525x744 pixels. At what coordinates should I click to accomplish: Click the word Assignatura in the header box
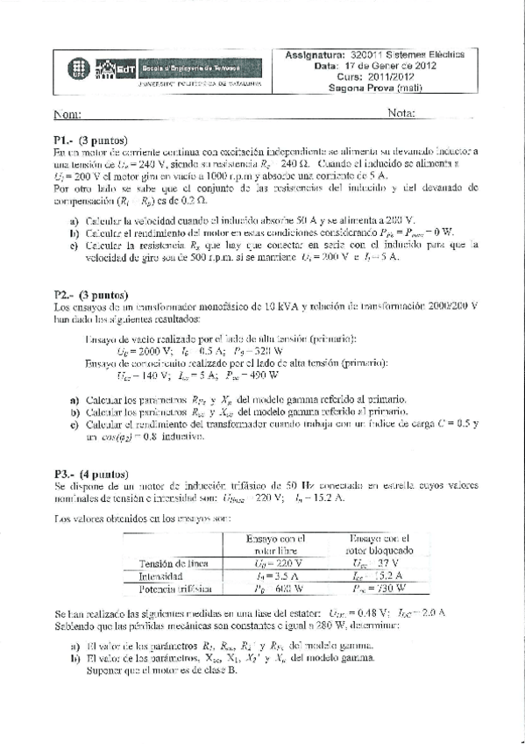click(x=314, y=54)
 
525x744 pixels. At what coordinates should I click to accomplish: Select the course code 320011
click(x=365, y=54)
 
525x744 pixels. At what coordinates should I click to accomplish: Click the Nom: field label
click(x=67, y=115)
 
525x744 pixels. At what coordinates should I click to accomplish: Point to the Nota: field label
click(x=400, y=114)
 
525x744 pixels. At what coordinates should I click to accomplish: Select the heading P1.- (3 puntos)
click(x=90, y=140)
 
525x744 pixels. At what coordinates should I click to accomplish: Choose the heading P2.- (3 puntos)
click(x=90, y=296)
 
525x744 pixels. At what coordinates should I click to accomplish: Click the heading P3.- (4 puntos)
click(x=90, y=474)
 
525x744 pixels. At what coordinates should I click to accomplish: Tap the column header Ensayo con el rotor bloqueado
click(x=379, y=544)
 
